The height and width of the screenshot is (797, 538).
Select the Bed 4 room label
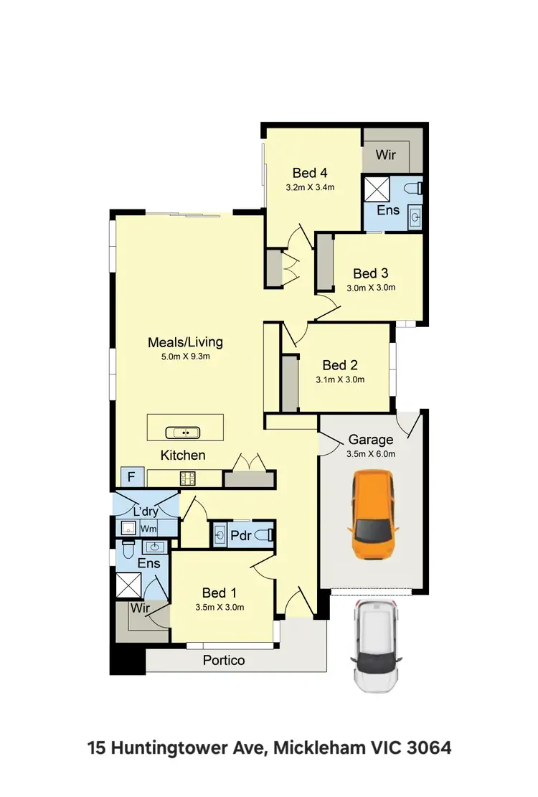coord(310,173)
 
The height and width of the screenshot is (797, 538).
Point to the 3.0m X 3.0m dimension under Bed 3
coord(371,287)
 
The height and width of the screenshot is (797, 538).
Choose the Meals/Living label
coord(185,341)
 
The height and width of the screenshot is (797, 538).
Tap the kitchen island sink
coord(185,432)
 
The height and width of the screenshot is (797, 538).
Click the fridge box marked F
coord(132,476)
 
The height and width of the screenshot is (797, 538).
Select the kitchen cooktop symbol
coord(189,476)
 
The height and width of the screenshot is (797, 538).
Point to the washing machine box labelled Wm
coord(149,529)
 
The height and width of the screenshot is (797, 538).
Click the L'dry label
coord(146,512)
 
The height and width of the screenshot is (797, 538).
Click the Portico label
coord(223,660)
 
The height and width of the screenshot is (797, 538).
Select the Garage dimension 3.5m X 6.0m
coord(371,453)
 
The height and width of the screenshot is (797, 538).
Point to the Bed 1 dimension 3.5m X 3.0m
coord(220,607)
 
